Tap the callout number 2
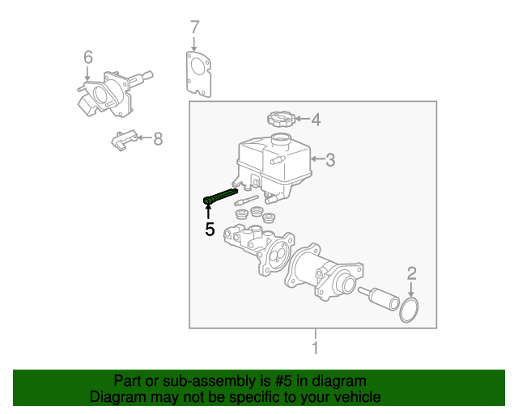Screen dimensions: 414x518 tap(411, 273)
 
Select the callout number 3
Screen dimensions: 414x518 tap(329, 161)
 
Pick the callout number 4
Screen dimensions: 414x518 tap(316, 120)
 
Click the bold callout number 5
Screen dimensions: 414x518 tap(210, 230)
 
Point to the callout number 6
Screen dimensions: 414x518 tap(87, 57)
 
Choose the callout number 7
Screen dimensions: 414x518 tap(194, 28)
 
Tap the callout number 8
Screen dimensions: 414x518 tap(158, 139)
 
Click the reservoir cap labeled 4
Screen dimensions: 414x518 tap(280, 120)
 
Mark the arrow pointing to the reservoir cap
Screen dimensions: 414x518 tap(302, 120)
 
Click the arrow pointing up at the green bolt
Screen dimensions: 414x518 tap(208, 212)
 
